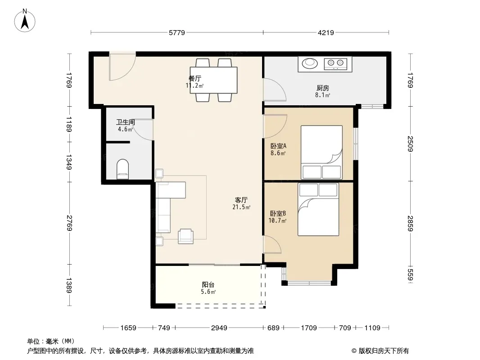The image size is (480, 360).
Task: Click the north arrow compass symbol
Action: coord(25,21)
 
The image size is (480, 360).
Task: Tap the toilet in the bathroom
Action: coord(123,169)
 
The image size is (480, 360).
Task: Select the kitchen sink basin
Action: coord(310,63)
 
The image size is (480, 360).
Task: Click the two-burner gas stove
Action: coord(335,63)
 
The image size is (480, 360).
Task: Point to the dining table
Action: coord(213,80)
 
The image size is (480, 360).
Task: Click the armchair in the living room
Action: coord(186,236)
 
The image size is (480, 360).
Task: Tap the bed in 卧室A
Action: coord(322,152)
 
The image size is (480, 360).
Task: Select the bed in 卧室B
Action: coord(318,210)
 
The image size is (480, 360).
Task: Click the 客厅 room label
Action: coord(241,200)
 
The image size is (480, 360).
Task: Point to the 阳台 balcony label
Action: coord(208,285)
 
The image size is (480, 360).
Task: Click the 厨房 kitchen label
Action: coord(323,88)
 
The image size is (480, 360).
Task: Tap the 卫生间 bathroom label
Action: coord(126,122)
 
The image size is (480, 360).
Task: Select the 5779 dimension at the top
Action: coord(177,32)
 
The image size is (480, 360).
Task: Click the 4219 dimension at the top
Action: coord(326,32)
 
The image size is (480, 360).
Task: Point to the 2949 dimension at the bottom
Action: coord(219,328)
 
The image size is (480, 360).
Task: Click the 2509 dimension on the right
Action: coord(410,144)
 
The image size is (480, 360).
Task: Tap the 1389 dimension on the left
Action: coord(70,285)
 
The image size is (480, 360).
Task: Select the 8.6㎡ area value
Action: coord(278,153)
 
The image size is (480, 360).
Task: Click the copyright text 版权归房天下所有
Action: coord(384,351)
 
